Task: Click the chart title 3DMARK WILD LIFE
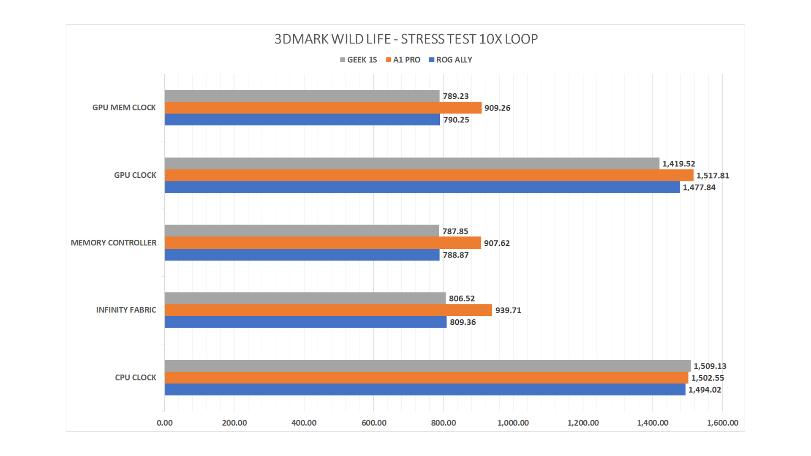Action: coord(405,39)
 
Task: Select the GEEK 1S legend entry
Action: coord(359,60)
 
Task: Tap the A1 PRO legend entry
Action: coord(403,60)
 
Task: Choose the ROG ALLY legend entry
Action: coord(451,60)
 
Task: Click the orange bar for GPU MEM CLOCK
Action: coord(323,108)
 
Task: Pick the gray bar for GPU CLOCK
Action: coord(412,163)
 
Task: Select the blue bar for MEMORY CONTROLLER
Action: coord(302,255)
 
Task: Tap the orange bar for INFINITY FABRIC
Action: coord(328,310)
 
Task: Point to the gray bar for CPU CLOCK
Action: coord(427,366)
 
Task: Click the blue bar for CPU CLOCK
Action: coord(425,389)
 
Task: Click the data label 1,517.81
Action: coord(713,176)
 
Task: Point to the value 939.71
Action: coord(508,310)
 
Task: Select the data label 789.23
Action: coord(456,96)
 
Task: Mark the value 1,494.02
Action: coord(705,390)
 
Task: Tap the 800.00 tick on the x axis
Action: coord(444,423)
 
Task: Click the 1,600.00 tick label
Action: coord(722,423)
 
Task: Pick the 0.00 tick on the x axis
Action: coord(165,423)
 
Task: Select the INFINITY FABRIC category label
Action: coord(126,310)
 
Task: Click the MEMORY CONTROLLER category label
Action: coord(113,243)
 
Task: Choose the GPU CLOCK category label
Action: coord(135,175)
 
